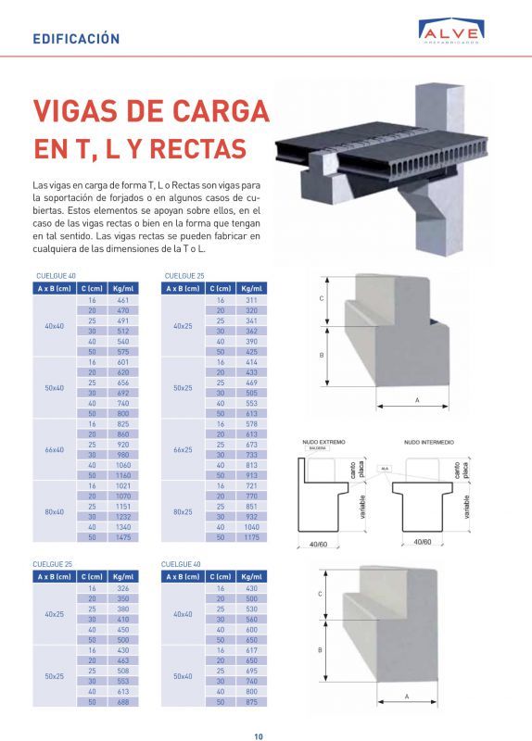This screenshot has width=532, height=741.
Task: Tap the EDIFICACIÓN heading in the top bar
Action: click(x=76, y=39)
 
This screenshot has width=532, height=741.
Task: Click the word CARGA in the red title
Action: click(x=213, y=110)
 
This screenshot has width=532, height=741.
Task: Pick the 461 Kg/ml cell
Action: click(x=122, y=301)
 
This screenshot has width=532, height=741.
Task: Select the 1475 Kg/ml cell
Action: click(x=122, y=537)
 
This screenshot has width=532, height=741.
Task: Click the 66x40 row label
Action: click(x=55, y=450)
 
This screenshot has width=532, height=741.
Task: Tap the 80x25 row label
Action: click(x=183, y=512)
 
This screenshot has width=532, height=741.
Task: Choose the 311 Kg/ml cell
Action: click(x=251, y=301)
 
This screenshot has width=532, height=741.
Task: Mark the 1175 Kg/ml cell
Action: click(x=251, y=537)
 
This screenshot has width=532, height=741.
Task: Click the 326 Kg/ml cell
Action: click(x=122, y=589)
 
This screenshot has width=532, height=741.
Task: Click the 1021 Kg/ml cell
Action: click(x=122, y=486)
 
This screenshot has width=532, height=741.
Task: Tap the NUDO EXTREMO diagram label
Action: click(x=323, y=444)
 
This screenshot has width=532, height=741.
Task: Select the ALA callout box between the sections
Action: click(x=384, y=469)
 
